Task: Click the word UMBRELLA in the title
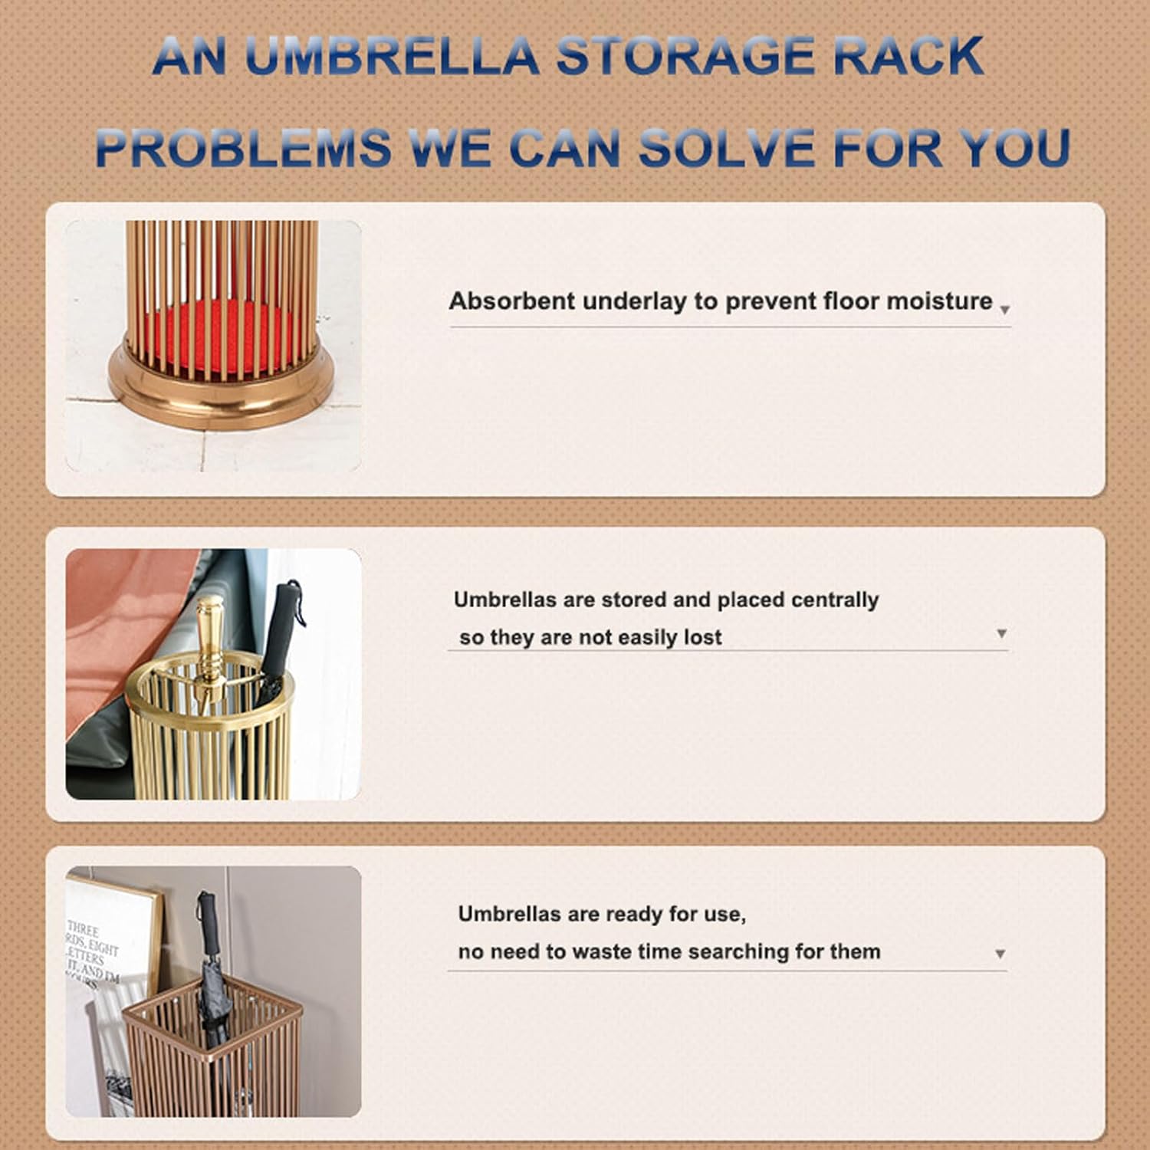coord(392,56)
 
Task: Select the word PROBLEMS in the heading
coord(244,148)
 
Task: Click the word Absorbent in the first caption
coord(511,301)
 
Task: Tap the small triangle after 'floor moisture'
coord(1004,310)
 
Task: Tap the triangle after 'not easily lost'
coord(1001,633)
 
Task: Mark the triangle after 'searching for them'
coord(1000,954)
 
